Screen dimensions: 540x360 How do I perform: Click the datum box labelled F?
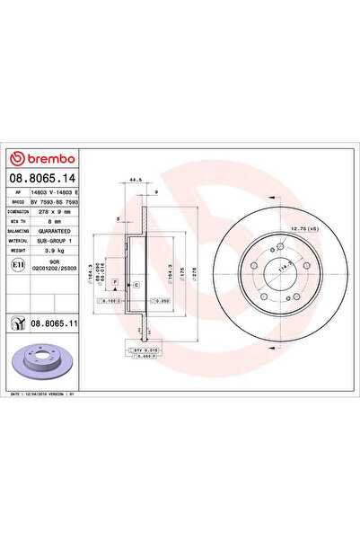pos(116,282)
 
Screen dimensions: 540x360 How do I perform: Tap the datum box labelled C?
pos(136,283)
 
